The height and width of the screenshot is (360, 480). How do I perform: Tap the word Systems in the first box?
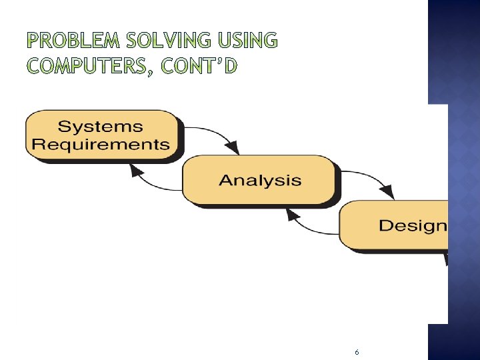point(100,126)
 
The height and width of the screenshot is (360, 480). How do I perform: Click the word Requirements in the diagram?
point(101,144)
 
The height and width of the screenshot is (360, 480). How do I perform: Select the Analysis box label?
point(260,180)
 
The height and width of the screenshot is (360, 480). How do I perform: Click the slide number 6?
point(357,352)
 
